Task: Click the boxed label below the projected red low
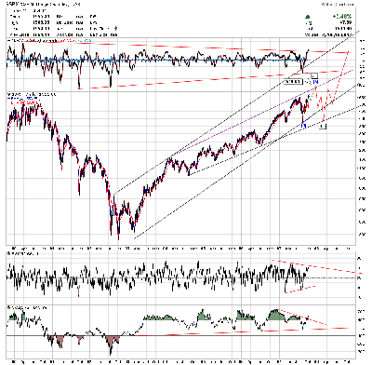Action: click(x=323, y=127)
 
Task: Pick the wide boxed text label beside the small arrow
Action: click(x=292, y=82)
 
